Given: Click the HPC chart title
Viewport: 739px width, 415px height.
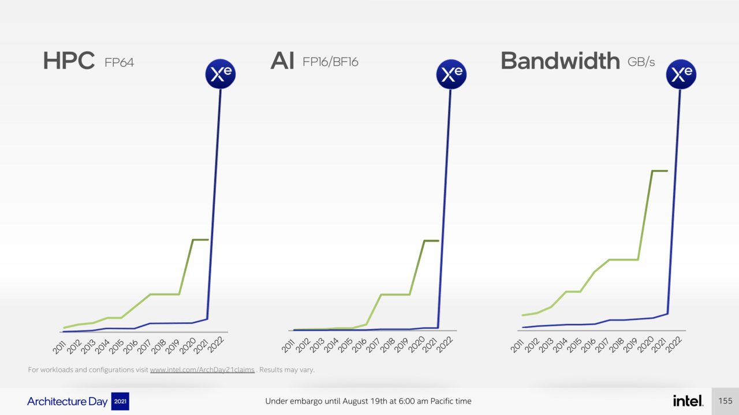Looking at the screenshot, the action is tap(69, 61).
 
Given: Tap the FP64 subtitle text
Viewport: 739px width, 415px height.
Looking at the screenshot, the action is tap(119, 62).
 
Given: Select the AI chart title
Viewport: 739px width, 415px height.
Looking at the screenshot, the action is tap(282, 61).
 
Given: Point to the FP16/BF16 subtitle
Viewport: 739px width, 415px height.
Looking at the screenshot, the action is tap(330, 62).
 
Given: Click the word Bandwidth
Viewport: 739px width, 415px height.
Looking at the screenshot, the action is tap(560, 61).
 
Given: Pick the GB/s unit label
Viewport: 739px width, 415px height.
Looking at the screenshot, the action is tap(641, 62).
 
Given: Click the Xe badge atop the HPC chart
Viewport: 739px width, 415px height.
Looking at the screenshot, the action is tap(221, 74).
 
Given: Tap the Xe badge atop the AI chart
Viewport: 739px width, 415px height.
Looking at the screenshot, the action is tap(451, 74).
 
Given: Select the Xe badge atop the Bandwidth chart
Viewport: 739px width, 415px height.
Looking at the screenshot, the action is tap(681, 74).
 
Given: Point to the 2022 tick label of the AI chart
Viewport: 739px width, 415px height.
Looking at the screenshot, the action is tap(445, 345).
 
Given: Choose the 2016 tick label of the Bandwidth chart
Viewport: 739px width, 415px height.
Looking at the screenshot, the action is tap(588, 345).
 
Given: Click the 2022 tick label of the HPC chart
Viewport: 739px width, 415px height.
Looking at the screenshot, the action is tap(216, 345).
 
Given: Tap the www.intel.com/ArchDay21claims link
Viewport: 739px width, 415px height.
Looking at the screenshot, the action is tap(202, 369).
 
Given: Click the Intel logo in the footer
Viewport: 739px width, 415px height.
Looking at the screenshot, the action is tap(688, 401).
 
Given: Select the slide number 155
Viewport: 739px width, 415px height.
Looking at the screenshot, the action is tap(726, 401).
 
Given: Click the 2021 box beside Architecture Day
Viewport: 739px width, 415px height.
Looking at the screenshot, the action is tap(120, 401).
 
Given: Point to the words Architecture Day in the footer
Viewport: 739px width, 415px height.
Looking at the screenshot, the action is tap(68, 401).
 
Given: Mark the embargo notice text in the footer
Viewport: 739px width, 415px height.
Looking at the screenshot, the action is tap(368, 401).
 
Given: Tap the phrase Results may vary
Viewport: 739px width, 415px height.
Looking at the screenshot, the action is tap(287, 369).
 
